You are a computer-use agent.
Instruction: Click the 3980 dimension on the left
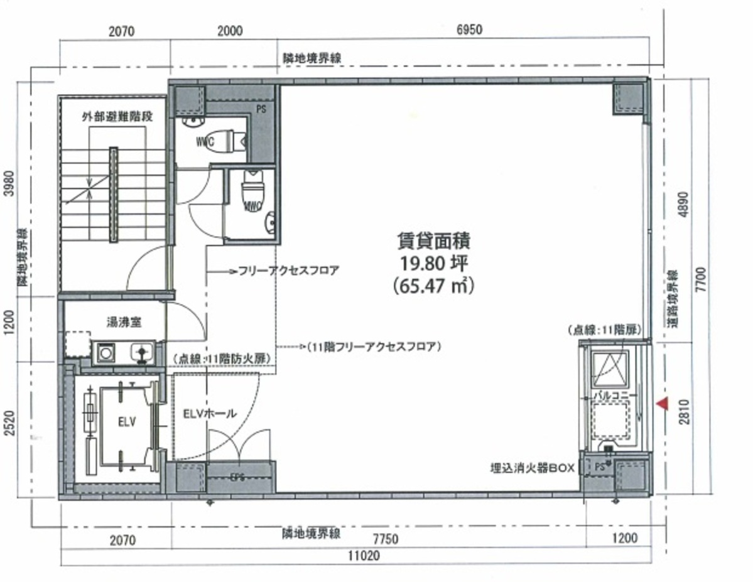[x=9, y=183]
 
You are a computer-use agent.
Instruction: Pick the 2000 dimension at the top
[x=231, y=29]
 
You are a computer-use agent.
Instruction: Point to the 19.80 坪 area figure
[x=433, y=262]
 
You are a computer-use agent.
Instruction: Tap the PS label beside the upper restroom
[x=261, y=108]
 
